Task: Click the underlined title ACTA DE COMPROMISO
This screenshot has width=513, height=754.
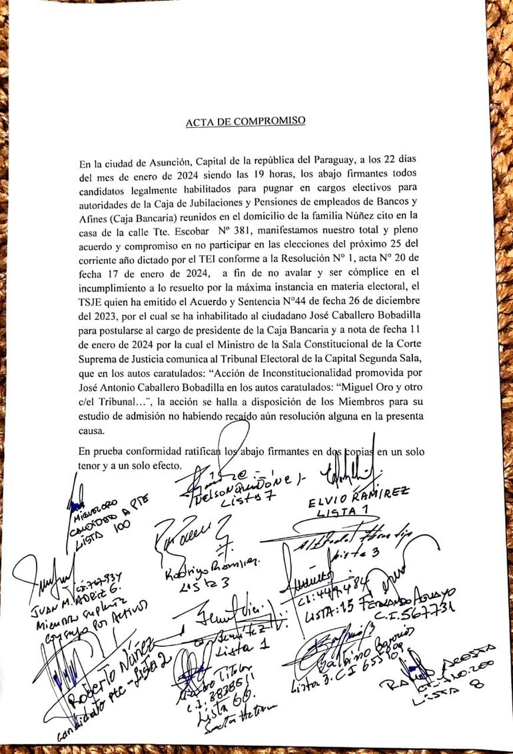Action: point(245,121)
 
